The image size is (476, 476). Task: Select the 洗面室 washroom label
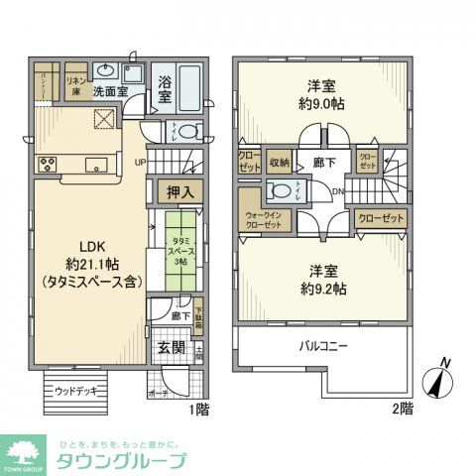pyautogui.click(x=111, y=91)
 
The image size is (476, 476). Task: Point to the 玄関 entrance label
pyautogui.click(x=172, y=347)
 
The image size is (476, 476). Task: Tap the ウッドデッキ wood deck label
pyautogui.click(x=75, y=390)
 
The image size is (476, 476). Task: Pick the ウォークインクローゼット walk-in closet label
pyautogui.click(x=263, y=219)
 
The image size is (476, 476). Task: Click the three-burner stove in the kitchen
pyautogui.click(x=46, y=164)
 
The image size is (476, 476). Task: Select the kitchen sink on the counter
pyautogui.click(x=95, y=164)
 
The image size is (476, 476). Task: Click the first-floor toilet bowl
pyautogui.click(x=189, y=131)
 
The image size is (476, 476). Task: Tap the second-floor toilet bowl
pyautogui.click(x=283, y=191)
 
